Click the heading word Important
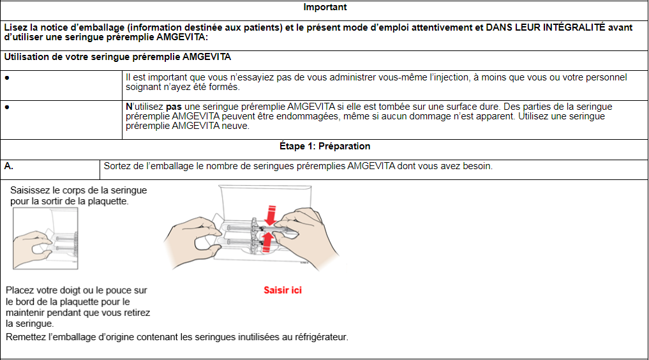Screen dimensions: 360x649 (x=325, y=8)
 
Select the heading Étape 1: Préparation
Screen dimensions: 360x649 (x=325, y=146)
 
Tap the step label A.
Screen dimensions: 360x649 (x=9, y=166)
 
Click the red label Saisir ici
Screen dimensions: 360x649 (x=283, y=290)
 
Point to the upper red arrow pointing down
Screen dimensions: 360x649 (x=271, y=216)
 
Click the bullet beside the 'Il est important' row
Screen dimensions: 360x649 (x=6, y=77)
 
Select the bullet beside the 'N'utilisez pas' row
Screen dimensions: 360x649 (x=6, y=107)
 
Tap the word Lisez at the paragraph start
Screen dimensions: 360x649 (x=15, y=27)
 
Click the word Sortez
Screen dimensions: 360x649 (x=118, y=166)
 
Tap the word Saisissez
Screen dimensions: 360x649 (x=33, y=190)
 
